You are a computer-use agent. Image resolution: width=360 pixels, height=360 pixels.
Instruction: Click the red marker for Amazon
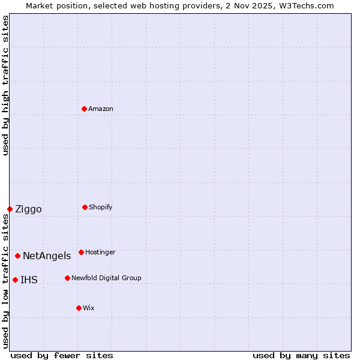[85, 109]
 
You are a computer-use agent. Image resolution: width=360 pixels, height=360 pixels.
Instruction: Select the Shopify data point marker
[85, 207]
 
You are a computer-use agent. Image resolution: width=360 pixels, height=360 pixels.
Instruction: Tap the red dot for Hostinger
[82, 252]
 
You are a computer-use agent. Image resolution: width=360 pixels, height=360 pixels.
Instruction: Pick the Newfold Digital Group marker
[68, 278]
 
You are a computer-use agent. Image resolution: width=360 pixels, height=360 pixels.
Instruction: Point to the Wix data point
[79, 308]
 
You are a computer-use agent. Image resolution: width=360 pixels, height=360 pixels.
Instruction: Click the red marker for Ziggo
[10, 209]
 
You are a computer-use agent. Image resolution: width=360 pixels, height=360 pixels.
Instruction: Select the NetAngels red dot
[18, 256]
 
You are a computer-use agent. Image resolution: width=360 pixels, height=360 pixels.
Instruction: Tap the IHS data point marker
[16, 280]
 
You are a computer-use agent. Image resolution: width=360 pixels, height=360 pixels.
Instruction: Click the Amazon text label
[101, 109]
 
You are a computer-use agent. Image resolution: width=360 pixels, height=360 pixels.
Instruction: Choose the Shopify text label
[101, 208]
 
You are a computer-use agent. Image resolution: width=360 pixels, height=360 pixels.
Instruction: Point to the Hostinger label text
[100, 253]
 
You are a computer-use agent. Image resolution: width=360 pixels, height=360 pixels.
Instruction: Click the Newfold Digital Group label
[106, 278]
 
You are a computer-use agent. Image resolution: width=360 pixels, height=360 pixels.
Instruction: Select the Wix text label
[89, 308]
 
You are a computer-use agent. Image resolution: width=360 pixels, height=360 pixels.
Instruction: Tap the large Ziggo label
[28, 209]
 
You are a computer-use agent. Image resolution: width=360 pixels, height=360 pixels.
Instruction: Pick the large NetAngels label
[47, 256]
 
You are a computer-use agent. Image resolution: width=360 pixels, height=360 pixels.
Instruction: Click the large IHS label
[29, 280]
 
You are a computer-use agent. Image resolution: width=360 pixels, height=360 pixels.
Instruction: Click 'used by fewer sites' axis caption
[62, 356]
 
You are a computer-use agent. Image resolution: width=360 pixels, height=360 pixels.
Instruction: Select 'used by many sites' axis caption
[301, 356]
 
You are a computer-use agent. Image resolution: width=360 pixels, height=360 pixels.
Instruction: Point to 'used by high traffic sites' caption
[5, 85]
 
